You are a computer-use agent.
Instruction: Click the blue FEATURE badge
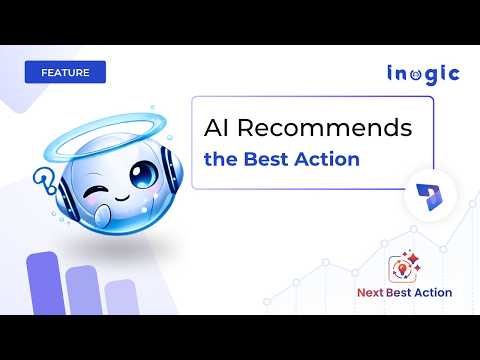66,73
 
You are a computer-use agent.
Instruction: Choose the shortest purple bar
121,297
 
